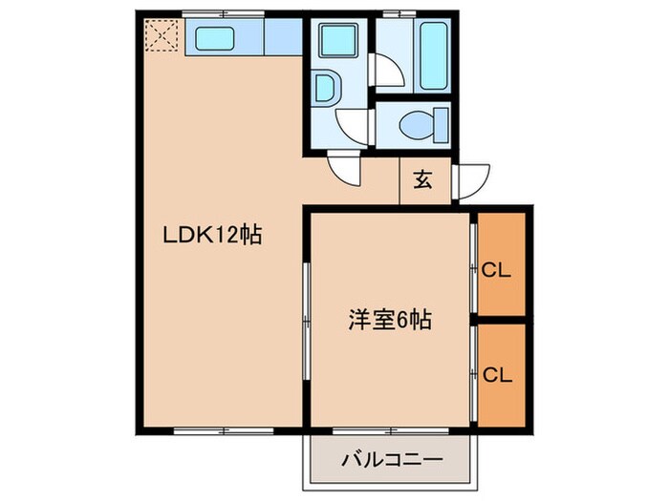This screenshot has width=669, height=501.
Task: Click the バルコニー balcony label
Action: pyautogui.click(x=392, y=461)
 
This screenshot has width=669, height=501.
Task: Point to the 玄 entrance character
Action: pyautogui.click(x=421, y=179)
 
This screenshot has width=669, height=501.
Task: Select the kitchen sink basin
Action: pyautogui.click(x=223, y=39)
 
